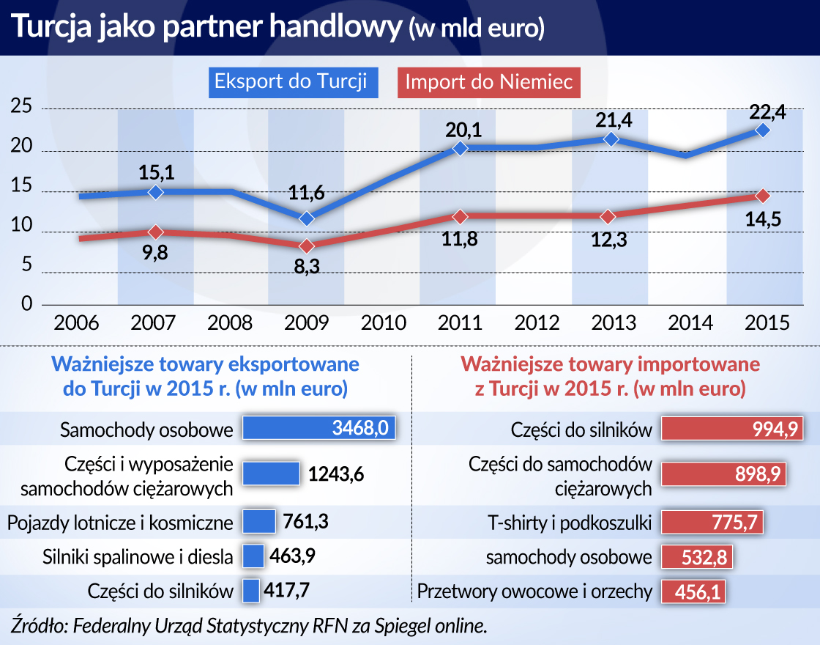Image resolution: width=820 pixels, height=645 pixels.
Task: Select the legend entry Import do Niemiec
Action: tap(488, 82)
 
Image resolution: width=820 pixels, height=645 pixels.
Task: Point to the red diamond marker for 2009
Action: tap(307, 246)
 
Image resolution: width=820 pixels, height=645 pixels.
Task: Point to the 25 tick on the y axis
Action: tap(23, 107)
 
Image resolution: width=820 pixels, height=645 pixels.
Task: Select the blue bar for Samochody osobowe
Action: tap(318, 429)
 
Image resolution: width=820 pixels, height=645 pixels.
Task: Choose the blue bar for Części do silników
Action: tap(251, 591)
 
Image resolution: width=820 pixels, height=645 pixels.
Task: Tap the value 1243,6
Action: tap(336, 474)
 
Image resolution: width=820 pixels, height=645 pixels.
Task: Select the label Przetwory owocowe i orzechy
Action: tap(534, 591)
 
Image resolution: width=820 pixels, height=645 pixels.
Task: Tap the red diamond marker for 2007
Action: tap(154, 232)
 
